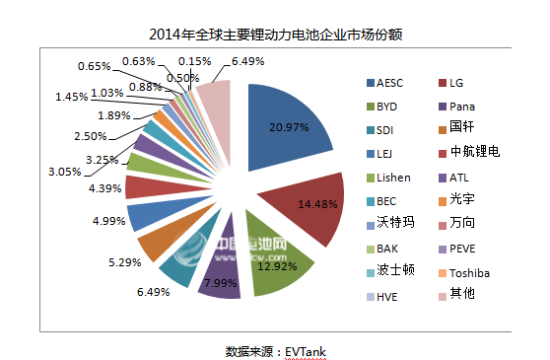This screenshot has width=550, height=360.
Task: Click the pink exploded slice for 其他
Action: coord(214,99)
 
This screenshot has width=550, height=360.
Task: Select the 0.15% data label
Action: coord(194,60)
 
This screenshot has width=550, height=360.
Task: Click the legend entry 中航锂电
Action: coord(474,154)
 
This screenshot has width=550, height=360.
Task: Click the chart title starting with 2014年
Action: coord(274,35)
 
